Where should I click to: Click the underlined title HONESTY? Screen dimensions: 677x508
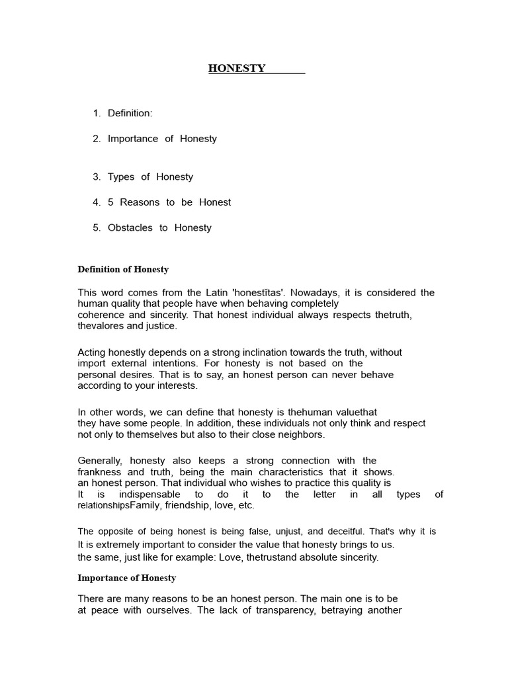[x=237, y=68]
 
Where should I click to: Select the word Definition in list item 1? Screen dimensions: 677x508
[x=130, y=113]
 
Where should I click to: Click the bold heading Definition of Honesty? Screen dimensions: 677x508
[x=123, y=269]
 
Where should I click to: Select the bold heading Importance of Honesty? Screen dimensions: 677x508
[x=127, y=578]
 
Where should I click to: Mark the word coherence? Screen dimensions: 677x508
[x=101, y=315]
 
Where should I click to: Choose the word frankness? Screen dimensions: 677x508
[x=99, y=472]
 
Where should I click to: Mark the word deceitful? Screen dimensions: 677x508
[x=332, y=531]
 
